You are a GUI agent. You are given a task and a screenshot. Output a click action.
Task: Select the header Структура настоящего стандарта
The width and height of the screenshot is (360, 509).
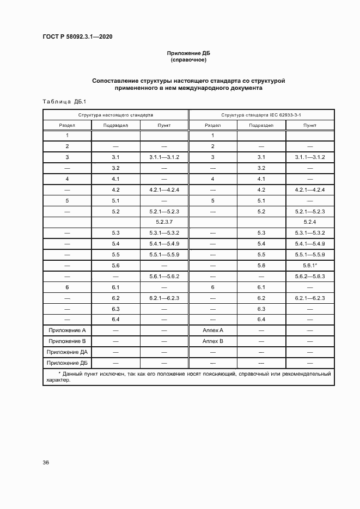115,115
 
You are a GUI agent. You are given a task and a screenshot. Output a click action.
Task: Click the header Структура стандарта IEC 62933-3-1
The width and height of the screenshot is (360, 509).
261,115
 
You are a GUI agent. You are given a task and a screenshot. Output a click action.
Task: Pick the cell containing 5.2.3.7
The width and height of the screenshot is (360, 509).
164,222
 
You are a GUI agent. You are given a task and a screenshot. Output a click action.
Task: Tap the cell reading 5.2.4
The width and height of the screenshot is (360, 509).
310,222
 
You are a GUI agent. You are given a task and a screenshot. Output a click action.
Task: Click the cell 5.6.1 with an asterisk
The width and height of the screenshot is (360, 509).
310,265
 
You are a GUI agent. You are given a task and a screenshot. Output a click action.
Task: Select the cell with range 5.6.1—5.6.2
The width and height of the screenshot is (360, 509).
164,276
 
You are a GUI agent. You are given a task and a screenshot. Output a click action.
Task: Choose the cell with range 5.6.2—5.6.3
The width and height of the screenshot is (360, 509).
310,276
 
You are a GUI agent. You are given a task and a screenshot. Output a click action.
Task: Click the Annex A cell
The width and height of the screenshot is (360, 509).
213,330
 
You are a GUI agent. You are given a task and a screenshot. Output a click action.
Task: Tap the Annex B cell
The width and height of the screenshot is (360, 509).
213,341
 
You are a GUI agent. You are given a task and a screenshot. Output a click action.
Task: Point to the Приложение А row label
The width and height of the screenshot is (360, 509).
67,330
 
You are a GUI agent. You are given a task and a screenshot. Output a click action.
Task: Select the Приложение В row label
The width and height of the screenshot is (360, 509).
67,341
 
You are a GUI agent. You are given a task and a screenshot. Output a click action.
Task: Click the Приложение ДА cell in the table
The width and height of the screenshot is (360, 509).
67,352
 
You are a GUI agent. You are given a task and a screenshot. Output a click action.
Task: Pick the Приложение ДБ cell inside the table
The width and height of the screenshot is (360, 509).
67,363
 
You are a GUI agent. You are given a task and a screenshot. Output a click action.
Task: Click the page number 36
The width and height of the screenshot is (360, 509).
46,463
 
